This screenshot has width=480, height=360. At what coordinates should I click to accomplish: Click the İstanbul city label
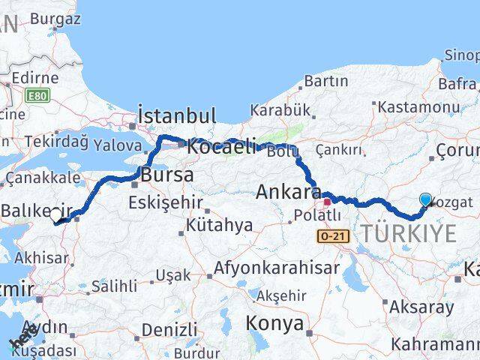177,116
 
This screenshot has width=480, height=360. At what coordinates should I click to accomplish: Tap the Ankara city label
289,192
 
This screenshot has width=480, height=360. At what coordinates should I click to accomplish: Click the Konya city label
274,324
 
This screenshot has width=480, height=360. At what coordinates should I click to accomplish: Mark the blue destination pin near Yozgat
426,199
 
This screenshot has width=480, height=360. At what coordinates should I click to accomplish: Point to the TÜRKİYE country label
409,234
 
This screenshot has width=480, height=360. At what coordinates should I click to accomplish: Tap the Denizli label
169,329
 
